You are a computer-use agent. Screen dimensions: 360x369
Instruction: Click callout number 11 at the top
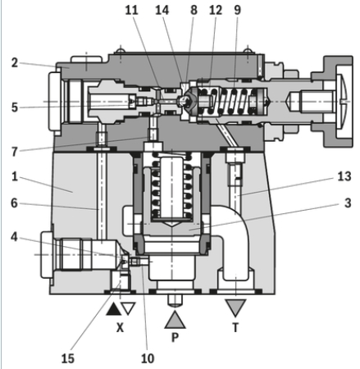[132, 11]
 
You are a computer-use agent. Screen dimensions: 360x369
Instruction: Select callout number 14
[162, 11]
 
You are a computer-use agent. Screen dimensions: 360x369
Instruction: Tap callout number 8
[194, 11]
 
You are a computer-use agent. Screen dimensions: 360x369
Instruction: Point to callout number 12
[216, 11]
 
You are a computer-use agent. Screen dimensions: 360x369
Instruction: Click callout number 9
[238, 11]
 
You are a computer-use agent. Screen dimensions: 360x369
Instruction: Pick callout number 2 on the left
[15, 63]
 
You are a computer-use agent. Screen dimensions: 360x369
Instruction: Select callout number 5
[15, 107]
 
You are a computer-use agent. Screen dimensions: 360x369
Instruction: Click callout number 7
[15, 152]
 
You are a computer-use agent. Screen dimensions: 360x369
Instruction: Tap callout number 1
[15, 176]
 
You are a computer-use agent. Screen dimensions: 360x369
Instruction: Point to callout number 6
[14, 203]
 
